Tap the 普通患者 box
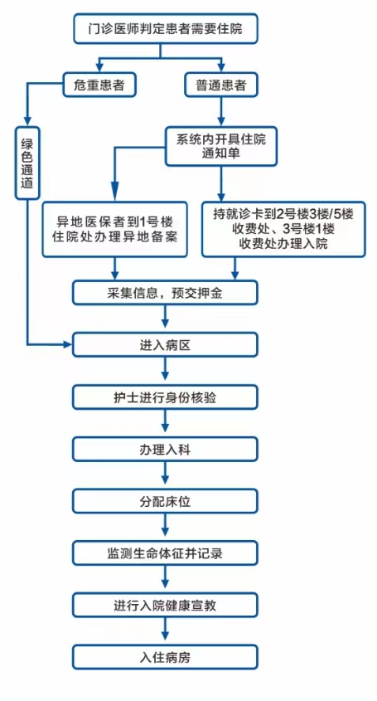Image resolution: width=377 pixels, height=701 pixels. tap(221, 85)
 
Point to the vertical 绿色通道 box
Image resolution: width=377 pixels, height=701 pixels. tap(27, 163)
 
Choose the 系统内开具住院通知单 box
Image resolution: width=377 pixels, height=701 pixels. tap(221, 146)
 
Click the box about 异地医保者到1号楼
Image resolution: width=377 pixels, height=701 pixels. tap(115, 229)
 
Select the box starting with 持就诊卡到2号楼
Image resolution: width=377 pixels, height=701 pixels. tap(283, 229)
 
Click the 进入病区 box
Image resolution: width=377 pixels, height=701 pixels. tap(165, 344)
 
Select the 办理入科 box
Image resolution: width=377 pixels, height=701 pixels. tap(165, 450)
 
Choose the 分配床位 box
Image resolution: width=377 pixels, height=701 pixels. tap(165, 501)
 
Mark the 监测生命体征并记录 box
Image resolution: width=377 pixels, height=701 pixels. tap(165, 553)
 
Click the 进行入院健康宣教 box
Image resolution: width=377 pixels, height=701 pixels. tap(165, 606)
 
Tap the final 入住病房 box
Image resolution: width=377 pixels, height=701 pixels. tap(165, 657)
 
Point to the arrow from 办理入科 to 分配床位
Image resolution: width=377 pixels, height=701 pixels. tap(165, 475)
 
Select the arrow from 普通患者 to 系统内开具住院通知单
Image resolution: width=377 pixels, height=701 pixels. tap(221, 112)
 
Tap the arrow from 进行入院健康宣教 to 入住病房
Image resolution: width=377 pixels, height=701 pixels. tap(165, 631)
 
